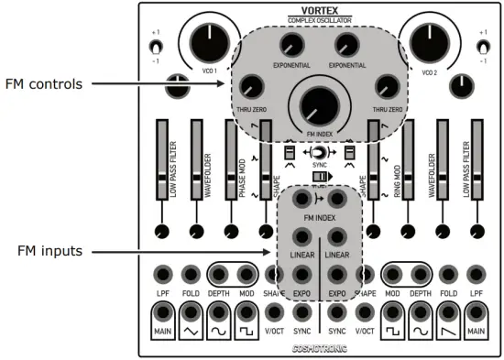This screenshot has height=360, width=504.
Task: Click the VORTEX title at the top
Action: pos(318,10)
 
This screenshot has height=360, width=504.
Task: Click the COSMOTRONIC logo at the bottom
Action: pos(318,349)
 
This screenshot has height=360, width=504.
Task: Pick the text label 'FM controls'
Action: pos(43,84)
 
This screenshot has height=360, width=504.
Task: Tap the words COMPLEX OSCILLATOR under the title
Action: pos(318,20)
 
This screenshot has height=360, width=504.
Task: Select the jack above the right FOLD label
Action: pos(447,274)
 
